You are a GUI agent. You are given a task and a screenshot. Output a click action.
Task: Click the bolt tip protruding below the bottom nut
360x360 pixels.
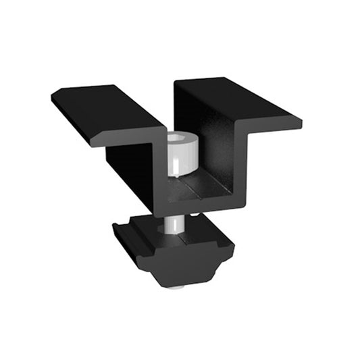point(176,286)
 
